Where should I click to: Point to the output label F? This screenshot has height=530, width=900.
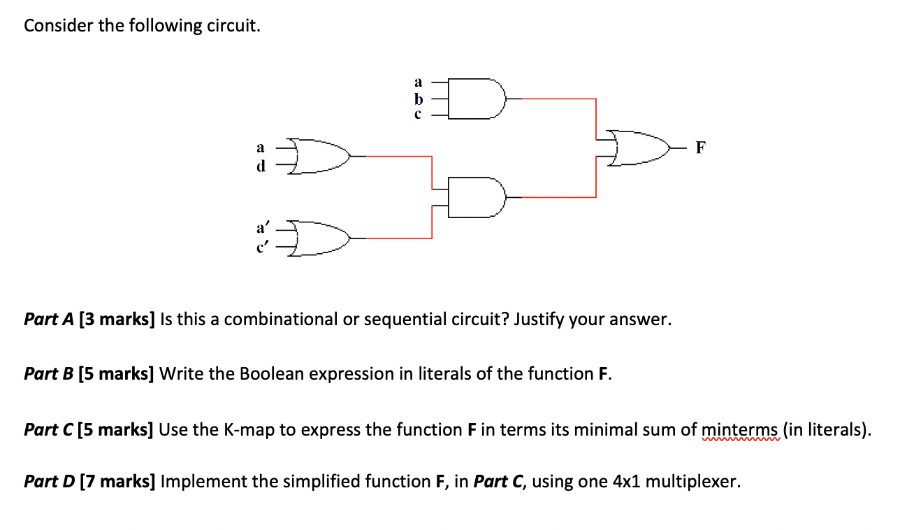[701, 147]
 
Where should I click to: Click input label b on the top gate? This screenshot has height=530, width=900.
[419, 99]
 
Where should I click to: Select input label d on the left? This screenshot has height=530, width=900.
[261, 166]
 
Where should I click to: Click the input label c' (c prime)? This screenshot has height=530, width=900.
[262, 247]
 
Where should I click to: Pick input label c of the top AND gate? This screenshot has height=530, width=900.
[419, 114]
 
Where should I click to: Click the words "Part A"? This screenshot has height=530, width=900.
[49, 320]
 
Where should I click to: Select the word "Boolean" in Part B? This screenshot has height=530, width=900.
[272, 373]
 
